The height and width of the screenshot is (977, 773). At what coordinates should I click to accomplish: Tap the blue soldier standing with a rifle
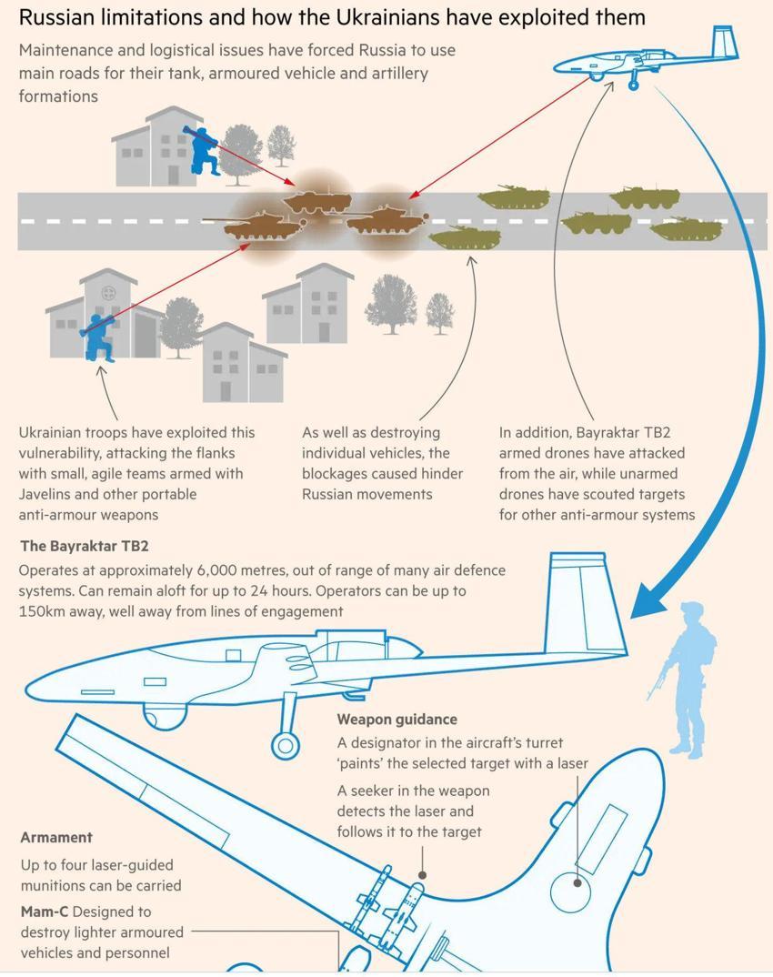[685, 680]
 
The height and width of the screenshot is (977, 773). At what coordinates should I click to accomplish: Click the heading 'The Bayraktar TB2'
[84, 547]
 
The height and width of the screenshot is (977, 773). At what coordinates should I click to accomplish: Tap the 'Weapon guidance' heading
[397, 720]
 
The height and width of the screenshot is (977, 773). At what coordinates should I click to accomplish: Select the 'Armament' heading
[56, 838]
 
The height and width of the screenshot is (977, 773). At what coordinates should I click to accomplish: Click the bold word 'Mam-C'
[45, 912]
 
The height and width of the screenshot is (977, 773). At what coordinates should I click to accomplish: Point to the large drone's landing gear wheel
[286, 745]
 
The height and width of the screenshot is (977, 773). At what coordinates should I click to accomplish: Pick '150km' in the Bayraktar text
[41, 611]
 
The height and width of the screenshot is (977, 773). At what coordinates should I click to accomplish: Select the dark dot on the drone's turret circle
[577, 883]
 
